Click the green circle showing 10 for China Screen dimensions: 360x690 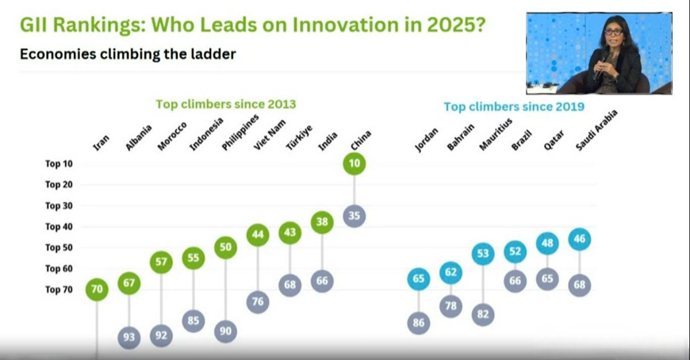(x=355, y=164)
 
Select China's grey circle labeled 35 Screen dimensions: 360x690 (x=355, y=216)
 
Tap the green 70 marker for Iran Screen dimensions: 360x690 (x=97, y=289)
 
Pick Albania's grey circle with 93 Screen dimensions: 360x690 (x=129, y=337)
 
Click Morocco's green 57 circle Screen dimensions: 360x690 (x=161, y=261)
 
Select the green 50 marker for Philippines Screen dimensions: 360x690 (x=226, y=247)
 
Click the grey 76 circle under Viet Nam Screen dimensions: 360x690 (x=258, y=301)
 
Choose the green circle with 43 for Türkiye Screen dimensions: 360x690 (x=290, y=232)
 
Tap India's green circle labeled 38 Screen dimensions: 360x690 (x=322, y=224)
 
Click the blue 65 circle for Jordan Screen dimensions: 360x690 (x=420, y=279)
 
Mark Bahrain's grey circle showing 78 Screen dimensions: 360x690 (x=451, y=306)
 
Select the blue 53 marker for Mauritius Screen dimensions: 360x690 (x=484, y=254)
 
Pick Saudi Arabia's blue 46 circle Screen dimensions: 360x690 (x=580, y=238)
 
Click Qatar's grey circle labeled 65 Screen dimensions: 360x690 (x=547, y=279)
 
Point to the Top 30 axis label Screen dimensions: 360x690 (x=59, y=205)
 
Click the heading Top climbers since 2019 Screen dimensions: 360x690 (x=513, y=107)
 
